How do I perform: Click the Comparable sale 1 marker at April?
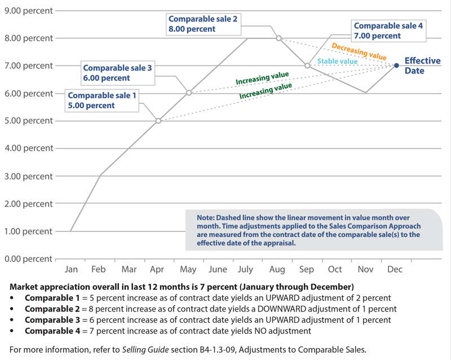[x=158, y=121]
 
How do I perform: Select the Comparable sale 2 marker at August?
[x=278, y=38]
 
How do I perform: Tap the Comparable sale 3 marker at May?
[x=189, y=93]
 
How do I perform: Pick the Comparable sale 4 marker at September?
[x=307, y=65]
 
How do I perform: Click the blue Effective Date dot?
[x=396, y=65]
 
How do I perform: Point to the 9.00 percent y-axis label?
[x=28, y=10]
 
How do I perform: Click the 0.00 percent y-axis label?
[x=28, y=259]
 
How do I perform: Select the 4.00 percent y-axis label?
[x=28, y=148]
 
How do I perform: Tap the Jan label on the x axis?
[x=71, y=270]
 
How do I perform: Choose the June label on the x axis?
[x=217, y=270]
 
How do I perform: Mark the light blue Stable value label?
[x=337, y=62]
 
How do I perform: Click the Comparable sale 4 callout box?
[x=388, y=30]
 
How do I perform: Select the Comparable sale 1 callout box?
[x=102, y=100]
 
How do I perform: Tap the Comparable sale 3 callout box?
[x=117, y=73]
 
